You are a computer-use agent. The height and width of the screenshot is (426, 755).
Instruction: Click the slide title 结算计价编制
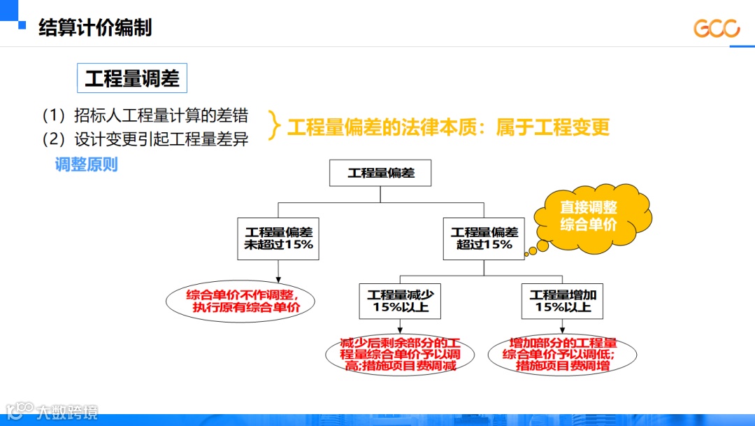94,27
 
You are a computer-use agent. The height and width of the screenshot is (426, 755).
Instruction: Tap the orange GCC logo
716,29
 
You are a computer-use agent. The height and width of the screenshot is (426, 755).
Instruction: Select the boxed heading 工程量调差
132,78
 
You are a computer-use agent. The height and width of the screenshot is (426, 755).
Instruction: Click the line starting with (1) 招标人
145,115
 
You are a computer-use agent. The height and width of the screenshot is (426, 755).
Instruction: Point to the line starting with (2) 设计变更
145,139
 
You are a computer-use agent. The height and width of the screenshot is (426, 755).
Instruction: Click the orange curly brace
275,127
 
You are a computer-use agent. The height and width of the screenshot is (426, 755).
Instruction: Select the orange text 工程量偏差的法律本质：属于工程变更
448,127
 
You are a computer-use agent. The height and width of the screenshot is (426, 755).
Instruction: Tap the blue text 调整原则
87,164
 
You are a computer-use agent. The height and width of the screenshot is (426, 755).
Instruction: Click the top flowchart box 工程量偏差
381,173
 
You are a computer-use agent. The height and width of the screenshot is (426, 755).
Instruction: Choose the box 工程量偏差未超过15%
278,239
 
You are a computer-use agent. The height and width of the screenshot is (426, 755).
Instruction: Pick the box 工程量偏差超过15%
484,239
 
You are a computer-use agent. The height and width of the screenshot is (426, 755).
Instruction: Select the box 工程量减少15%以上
401,301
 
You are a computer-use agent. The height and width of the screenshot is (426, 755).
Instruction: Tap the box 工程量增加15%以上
563,301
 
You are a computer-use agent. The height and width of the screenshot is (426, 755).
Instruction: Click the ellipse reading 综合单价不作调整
240,301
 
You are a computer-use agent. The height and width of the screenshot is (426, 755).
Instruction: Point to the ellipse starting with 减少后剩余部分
400,355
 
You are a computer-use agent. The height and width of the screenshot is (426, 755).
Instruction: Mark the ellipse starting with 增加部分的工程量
563,355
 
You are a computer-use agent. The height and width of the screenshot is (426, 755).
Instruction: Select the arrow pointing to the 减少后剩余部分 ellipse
401,328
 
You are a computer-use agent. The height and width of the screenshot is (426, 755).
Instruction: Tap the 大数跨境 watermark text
67,411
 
